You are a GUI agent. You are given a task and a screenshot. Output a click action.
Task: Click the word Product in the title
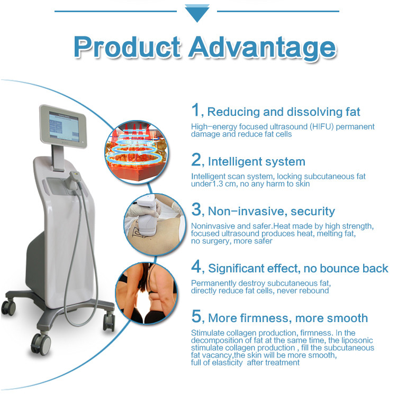pyautogui.click(x=128, y=47)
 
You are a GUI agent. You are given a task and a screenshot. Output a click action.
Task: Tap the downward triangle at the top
pyautogui.click(x=197, y=13)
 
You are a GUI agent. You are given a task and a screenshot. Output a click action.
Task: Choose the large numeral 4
pyautogui.click(x=196, y=266)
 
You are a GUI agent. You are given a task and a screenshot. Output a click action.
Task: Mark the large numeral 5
pyautogui.click(x=196, y=316)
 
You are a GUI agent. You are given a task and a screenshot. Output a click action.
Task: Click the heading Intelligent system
pyautogui.click(x=257, y=162)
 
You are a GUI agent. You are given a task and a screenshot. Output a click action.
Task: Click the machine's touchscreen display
pyautogui.click(x=64, y=126)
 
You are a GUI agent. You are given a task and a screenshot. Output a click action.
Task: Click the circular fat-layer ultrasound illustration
pyautogui.click(x=136, y=152)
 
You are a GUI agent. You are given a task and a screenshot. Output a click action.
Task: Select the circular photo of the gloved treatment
pyautogui.click(x=155, y=224)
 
